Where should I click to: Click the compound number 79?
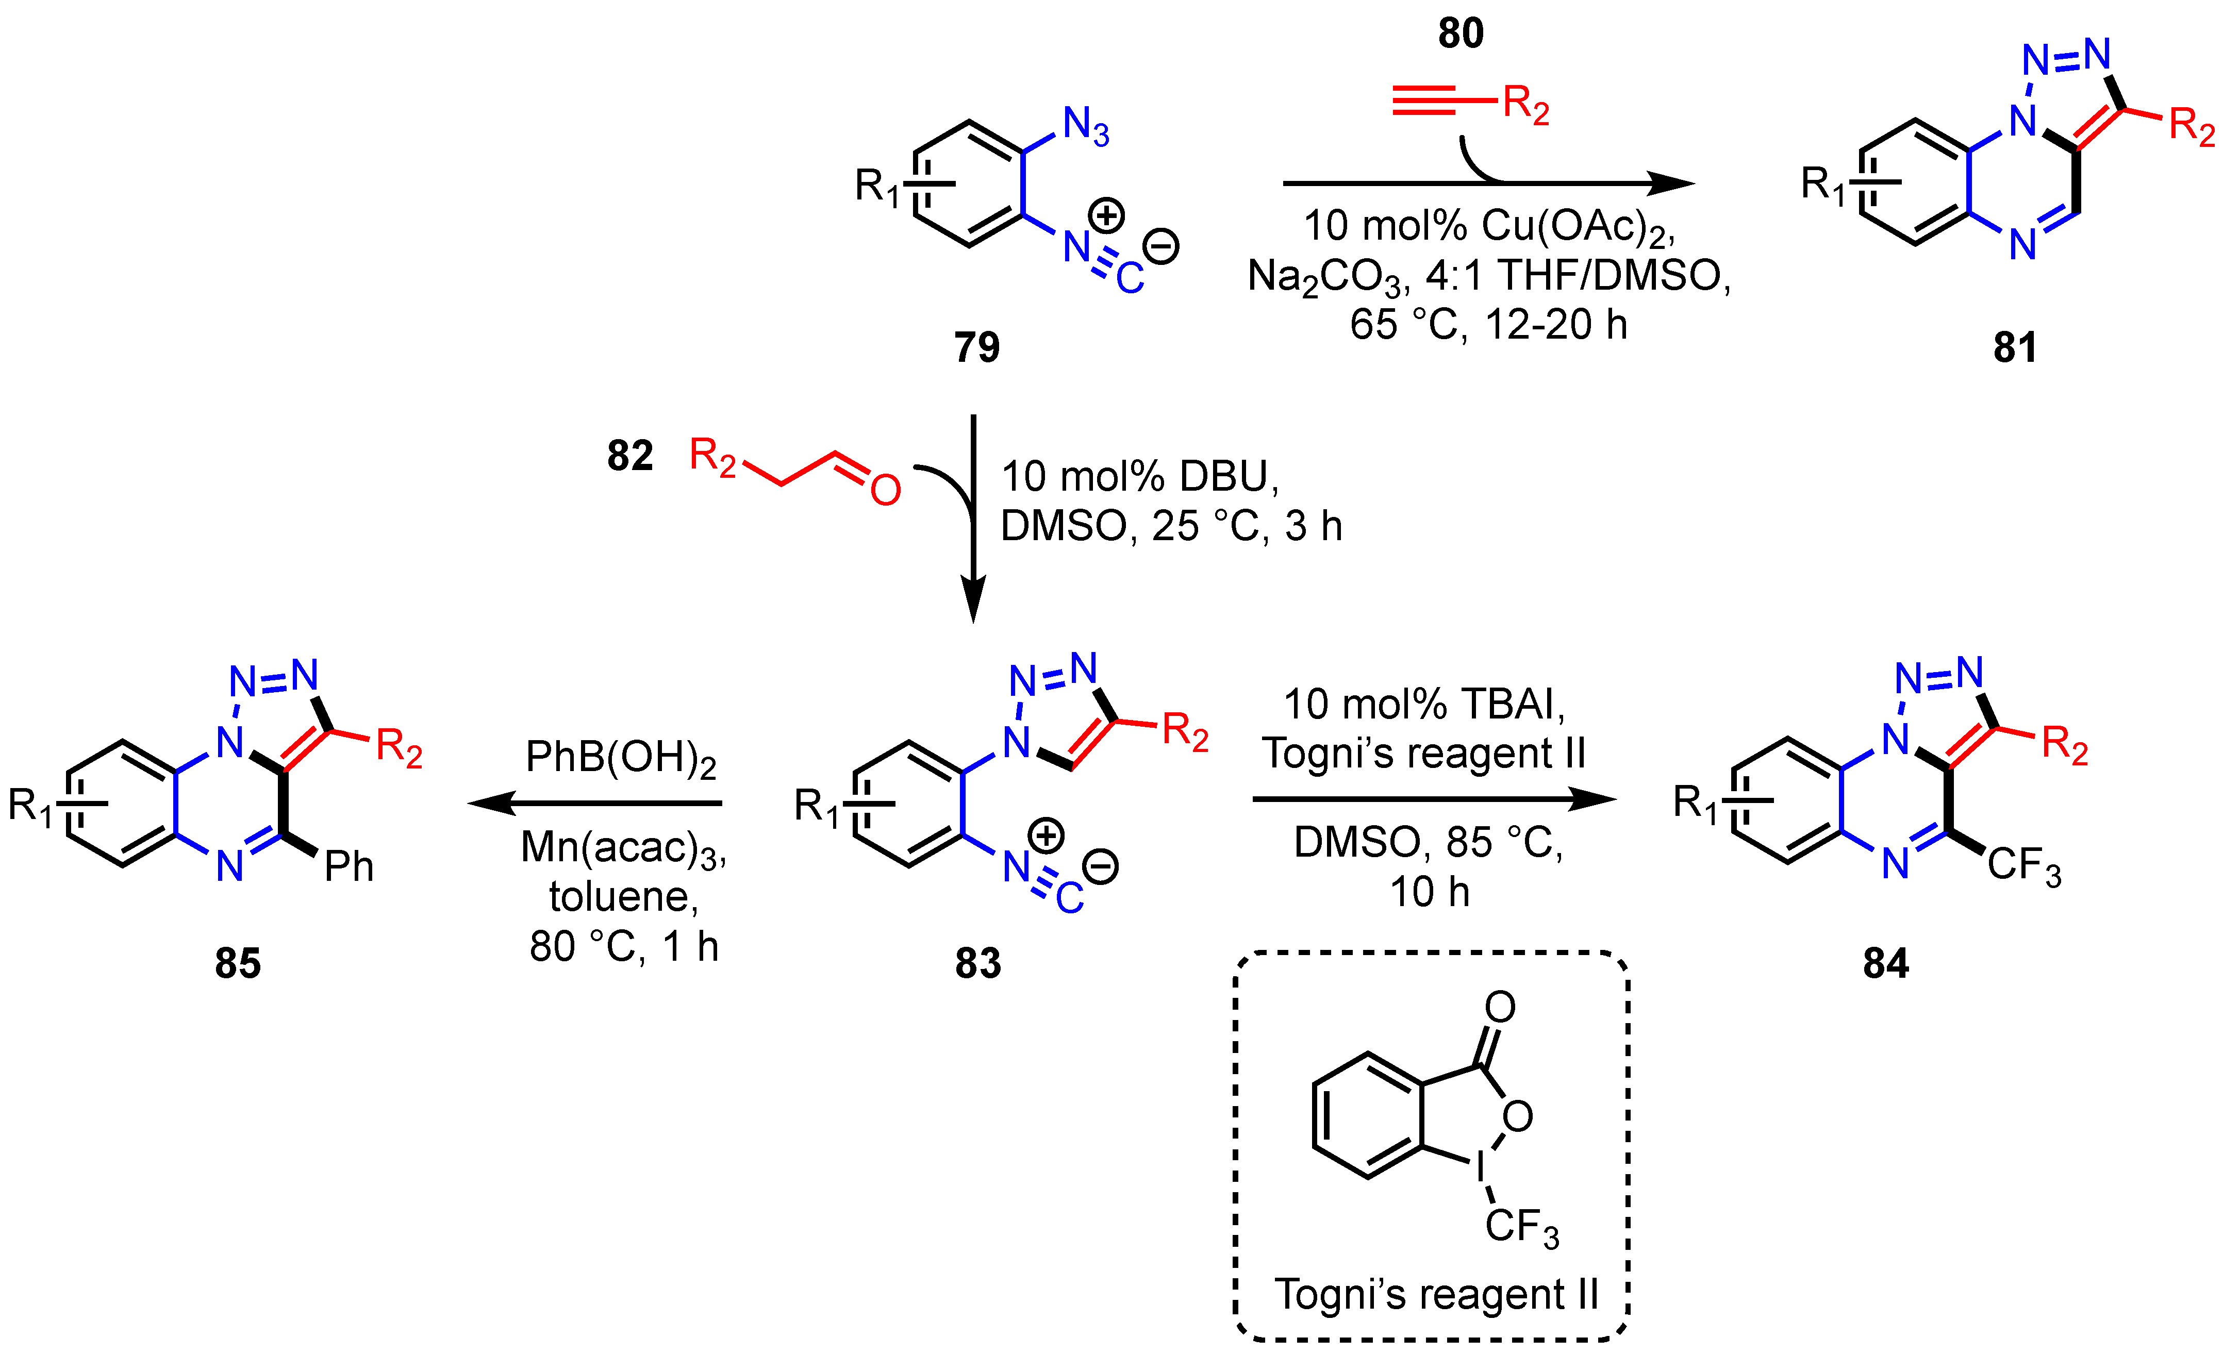coord(977,347)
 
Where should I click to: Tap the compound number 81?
coord(2015,347)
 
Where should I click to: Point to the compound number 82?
coord(630,456)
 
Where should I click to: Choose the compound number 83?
coord(978,963)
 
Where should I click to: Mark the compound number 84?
coord(1886,963)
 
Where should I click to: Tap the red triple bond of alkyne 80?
coord(1424,100)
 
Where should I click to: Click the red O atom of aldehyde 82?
coord(885,490)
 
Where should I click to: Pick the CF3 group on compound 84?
coord(2023,865)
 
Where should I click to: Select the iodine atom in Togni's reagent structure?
coord(1481,1167)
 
